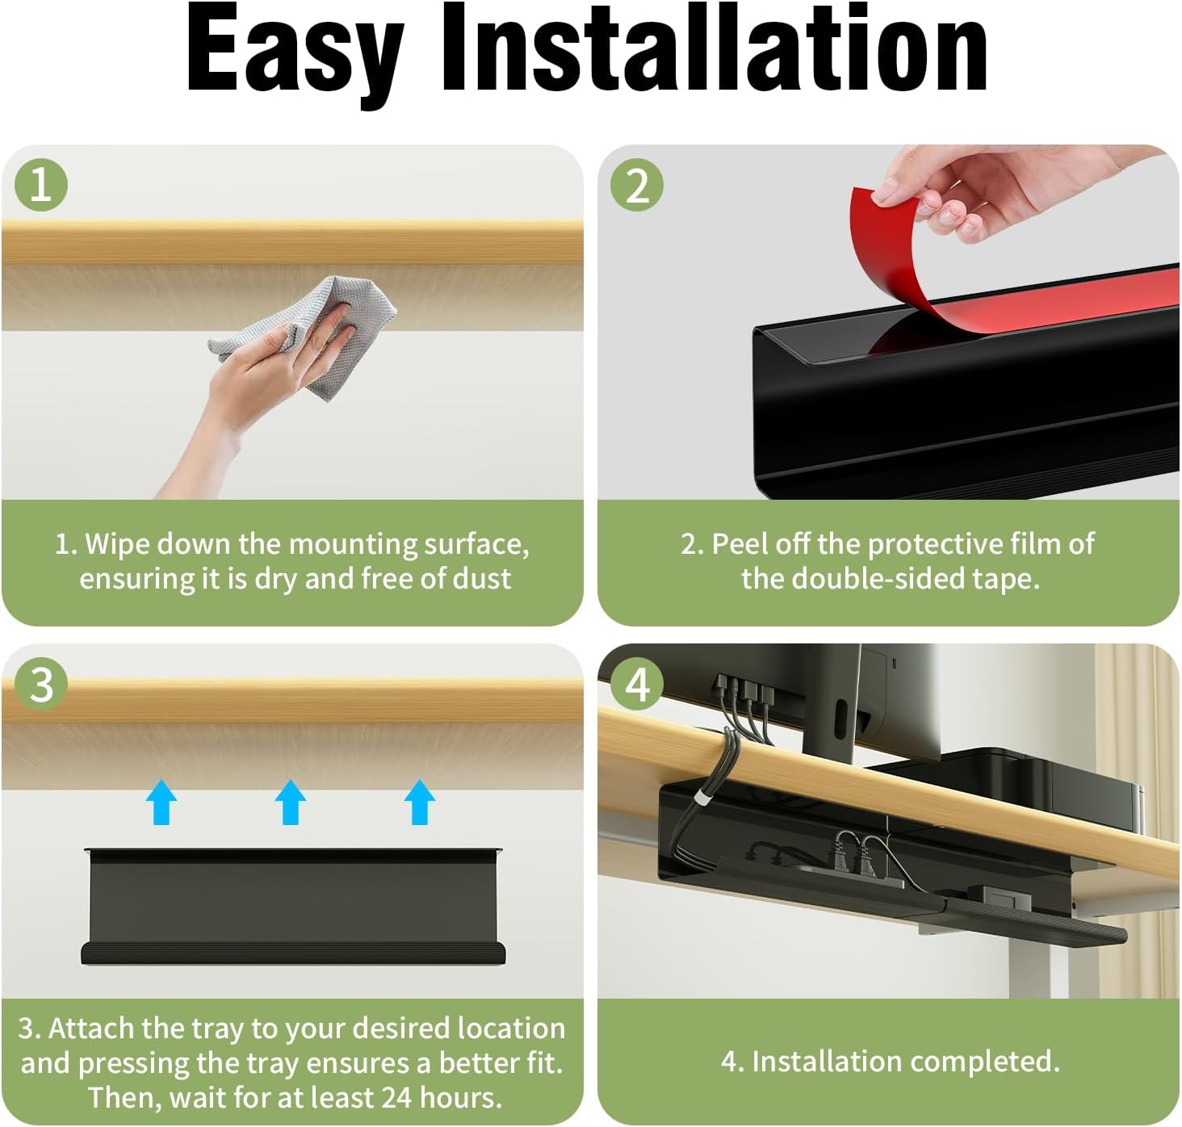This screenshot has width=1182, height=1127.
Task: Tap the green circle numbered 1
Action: click(x=41, y=185)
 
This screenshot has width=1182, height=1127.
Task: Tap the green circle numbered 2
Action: click(x=637, y=185)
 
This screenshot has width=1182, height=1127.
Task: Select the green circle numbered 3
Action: click(x=41, y=685)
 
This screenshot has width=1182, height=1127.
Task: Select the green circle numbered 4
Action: click(x=637, y=685)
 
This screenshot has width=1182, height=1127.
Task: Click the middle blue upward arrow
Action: click(x=291, y=802)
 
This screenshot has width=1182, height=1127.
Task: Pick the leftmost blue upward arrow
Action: click(x=161, y=802)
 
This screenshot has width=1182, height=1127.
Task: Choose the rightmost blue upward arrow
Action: click(x=420, y=802)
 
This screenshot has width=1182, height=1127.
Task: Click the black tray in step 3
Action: click(x=293, y=905)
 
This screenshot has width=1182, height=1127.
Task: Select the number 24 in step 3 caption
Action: click(x=396, y=1097)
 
